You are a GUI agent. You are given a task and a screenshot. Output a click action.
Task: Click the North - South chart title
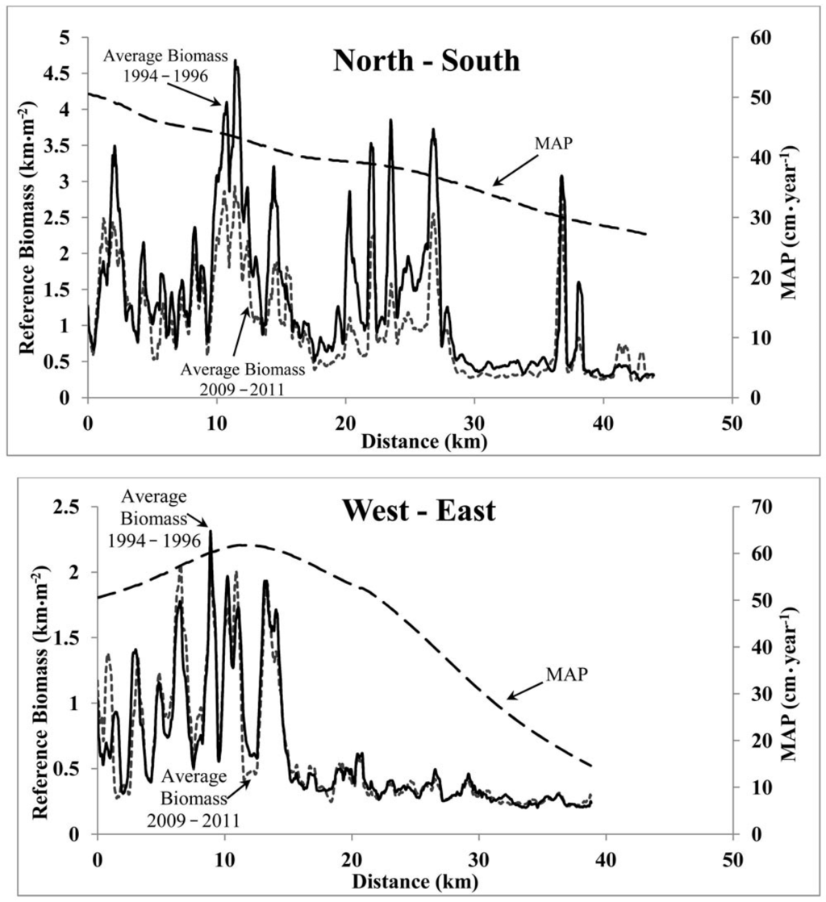pos(427,61)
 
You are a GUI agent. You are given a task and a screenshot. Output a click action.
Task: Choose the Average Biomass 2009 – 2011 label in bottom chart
pos(201,799)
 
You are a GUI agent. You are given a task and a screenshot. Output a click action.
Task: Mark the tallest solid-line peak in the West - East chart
pos(211,531)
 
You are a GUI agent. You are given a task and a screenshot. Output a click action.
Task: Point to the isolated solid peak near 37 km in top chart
pos(561,177)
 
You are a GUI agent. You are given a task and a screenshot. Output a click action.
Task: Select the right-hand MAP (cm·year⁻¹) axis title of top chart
pos(795,218)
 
